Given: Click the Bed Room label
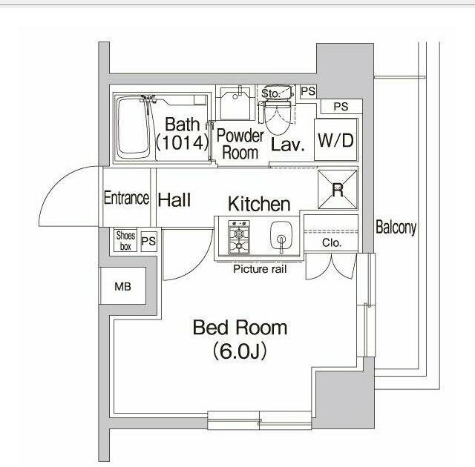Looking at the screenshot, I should [240, 327].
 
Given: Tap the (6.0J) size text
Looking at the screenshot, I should [240, 351].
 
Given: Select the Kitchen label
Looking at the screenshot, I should [258, 204].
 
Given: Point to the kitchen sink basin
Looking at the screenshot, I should [281, 238].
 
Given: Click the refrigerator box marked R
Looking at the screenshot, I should [337, 190].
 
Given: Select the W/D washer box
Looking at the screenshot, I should [335, 140].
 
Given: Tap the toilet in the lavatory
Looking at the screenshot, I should [278, 115].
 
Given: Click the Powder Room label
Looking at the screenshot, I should [240, 145].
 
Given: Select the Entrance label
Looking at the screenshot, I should [126, 199].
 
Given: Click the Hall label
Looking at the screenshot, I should [174, 199].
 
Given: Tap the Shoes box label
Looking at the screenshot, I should [125, 241].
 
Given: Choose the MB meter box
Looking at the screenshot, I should [122, 287].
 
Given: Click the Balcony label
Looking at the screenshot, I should [396, 228].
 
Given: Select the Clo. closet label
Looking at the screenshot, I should [331, 243].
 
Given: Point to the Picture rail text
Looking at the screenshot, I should [260, 269].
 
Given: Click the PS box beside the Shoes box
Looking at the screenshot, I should [149, 241].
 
